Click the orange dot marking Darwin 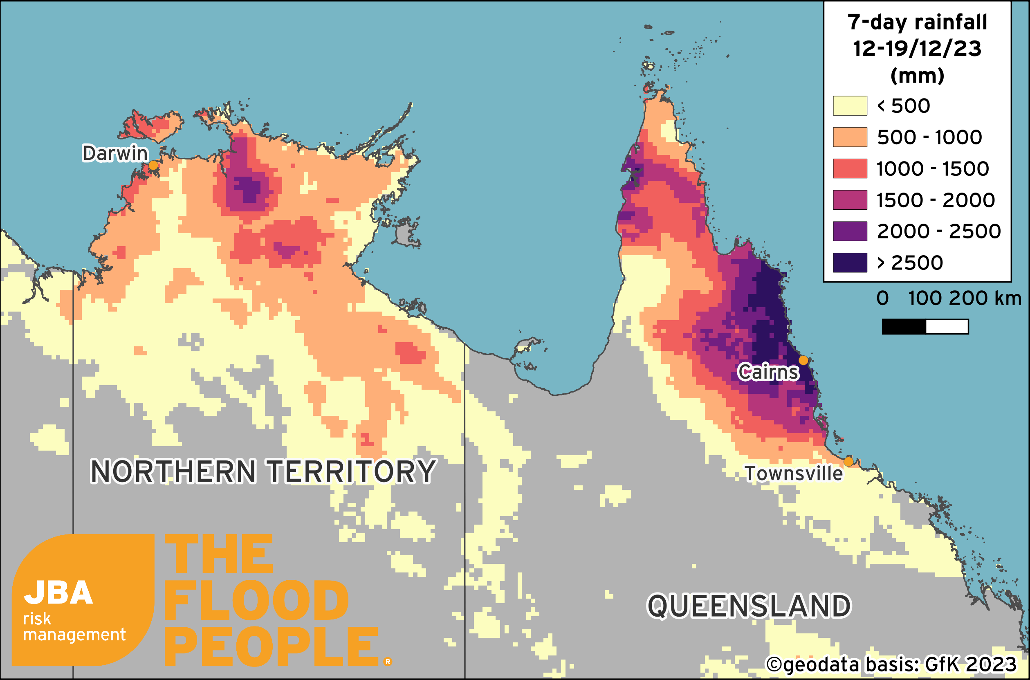(153, 165)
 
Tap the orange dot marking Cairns (803, 360)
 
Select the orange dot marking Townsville (848, 461)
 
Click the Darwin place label (115, 153)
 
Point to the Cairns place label (768, 372)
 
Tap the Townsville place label (794, 474)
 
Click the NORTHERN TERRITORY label (263, 471)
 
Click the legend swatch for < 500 (850, 106)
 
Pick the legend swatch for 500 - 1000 (850, 137)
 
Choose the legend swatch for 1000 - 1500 (850, 168)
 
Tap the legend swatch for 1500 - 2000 (850, 200)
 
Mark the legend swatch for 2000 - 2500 (850, 231)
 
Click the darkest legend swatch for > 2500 (850, 263)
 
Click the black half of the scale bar (904, 327)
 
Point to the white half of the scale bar (947, 327)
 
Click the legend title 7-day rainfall (917, 22)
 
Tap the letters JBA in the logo (58, 593)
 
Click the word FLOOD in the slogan (256, 601)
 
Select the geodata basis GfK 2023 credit (891, 665)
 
